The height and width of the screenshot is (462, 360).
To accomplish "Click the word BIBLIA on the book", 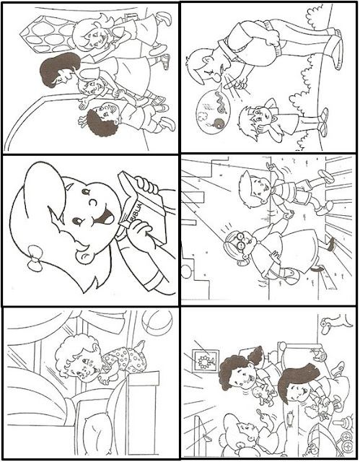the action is [x=136, y=212].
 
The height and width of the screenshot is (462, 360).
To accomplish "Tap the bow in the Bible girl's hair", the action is [x=35, y=258].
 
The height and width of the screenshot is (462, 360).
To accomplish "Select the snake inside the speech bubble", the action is [x=221, y=102].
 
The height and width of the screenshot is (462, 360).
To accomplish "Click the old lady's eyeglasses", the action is [x=240, y=240].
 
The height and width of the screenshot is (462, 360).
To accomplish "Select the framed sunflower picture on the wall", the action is [x=204, y=361].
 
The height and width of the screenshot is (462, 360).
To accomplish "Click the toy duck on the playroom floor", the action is [x=335, y=323].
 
